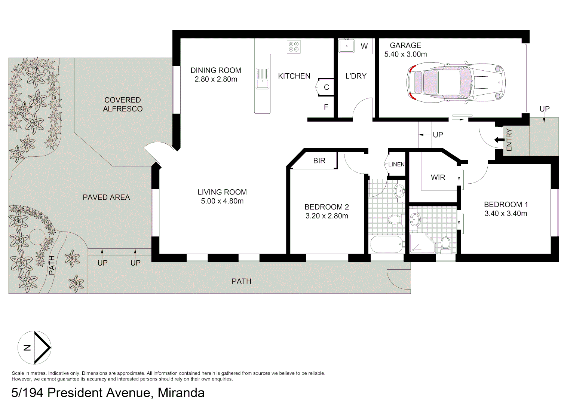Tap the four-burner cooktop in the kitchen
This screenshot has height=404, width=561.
[294, 47]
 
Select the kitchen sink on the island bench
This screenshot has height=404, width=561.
[262, 79]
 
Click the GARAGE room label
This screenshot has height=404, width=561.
[405, 45]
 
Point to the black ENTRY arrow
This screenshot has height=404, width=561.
[499, 140]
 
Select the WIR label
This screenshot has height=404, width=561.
[438, 177]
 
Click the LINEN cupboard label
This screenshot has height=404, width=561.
[396, 164]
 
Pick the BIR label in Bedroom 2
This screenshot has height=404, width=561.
[319, 160]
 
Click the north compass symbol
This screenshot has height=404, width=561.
[34, 348]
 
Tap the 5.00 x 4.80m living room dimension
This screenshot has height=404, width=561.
[222, 201]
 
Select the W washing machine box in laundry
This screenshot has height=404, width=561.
[364, 46]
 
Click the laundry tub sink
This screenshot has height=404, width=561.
[347, 46]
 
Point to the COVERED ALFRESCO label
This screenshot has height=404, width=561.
[123, 104]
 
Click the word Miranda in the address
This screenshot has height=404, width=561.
[181, 393]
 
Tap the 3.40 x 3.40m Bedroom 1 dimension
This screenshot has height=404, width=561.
[506, 214]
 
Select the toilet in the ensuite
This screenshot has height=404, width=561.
[445, 243]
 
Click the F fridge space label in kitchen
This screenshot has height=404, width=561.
[326, 107]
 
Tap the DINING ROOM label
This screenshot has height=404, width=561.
[216, 70]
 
